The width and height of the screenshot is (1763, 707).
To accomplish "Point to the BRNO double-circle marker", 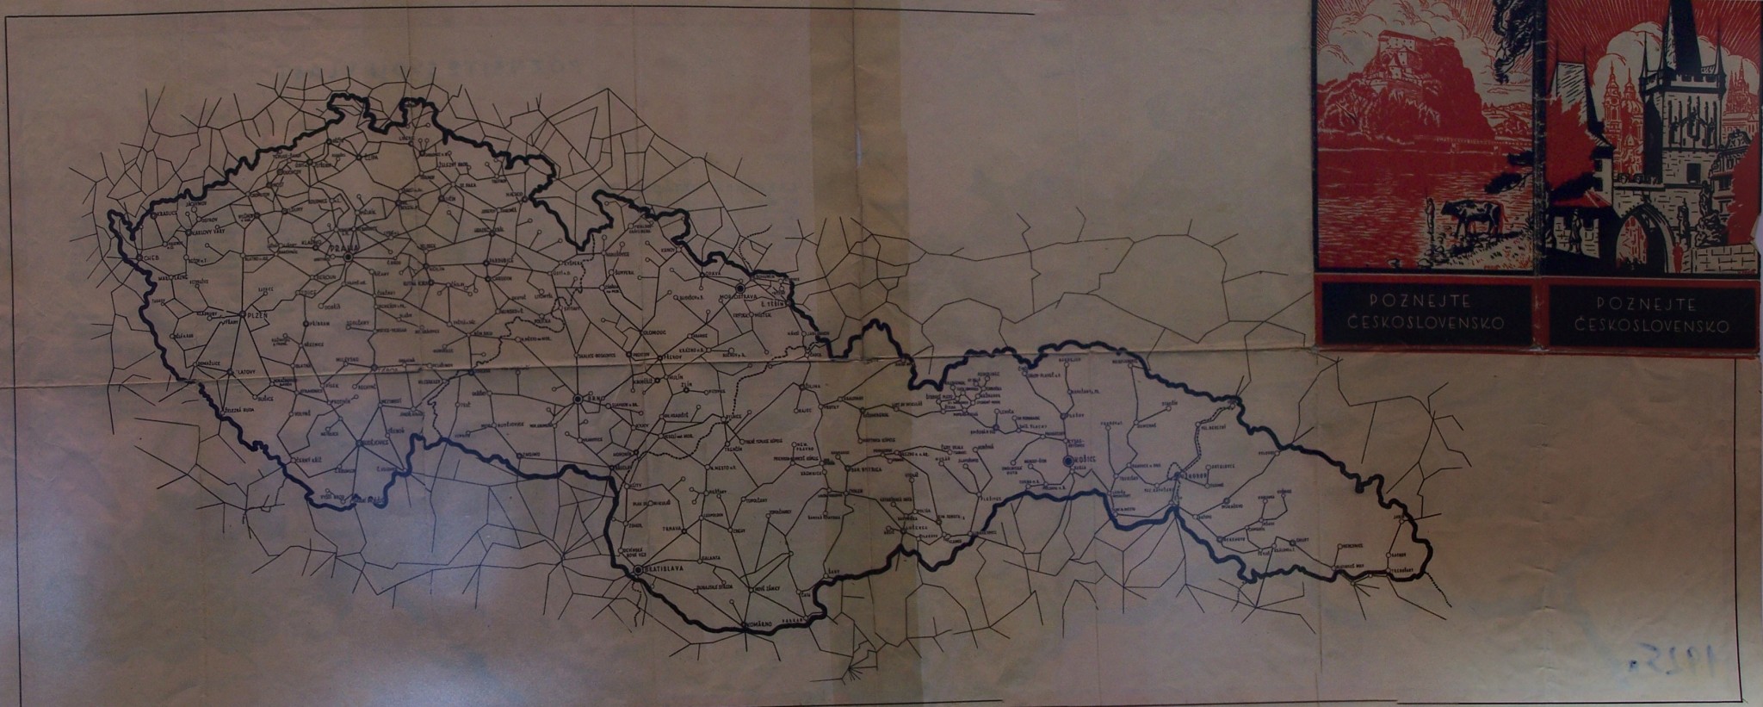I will pos(578,399).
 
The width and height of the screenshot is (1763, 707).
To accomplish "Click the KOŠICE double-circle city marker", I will pos(1068,462).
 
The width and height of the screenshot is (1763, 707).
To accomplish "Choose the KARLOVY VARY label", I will pos(203,232).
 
